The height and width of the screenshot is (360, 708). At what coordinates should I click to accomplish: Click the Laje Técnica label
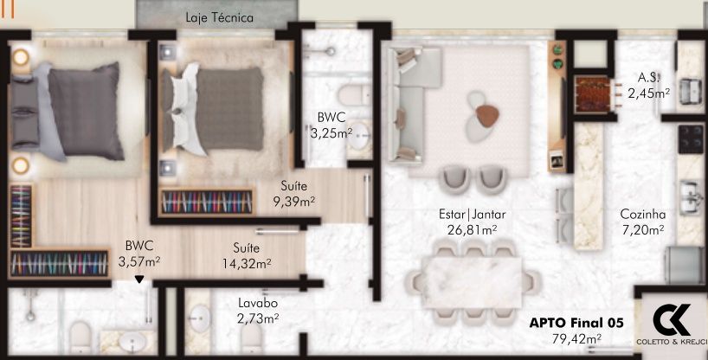click(219, 16)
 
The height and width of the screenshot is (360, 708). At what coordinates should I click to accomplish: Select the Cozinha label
click(641, 215)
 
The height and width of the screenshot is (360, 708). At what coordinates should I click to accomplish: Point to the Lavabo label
click(258, 304)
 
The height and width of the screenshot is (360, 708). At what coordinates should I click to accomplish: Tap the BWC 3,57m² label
click(140, 252)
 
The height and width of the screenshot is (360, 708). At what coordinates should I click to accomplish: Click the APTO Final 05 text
click(576, 323)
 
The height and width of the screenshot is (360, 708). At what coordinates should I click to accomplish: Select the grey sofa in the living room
click(407, 104)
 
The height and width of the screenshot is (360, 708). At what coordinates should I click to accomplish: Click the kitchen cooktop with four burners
click(691, 136)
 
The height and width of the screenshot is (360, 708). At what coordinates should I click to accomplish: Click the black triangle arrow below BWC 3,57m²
click(139, 279)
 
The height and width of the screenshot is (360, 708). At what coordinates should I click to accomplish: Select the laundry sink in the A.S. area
click(691, 88)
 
